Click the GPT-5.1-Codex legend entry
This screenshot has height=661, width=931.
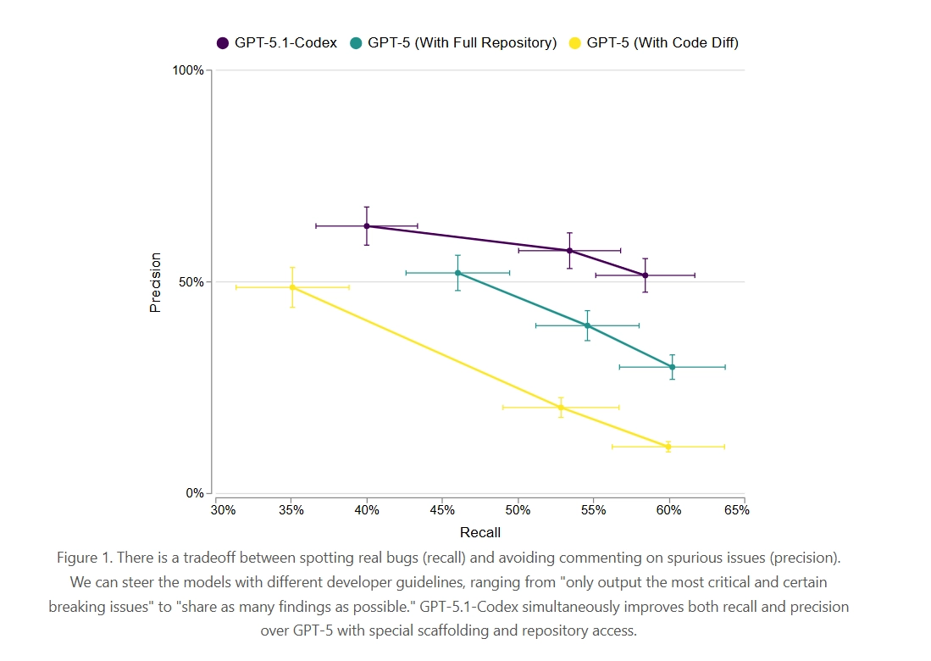pyautogui.click(x=278, y=42)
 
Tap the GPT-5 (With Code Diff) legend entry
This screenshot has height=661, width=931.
pyautogui.click(x=653, y=42)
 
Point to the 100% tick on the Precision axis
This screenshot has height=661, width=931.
pyautogui.click(x=188, y=70)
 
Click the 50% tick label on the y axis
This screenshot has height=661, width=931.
pyautogui.click(x=191, y=282)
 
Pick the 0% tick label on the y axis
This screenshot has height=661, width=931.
pyautogui.click(x=195, y=493)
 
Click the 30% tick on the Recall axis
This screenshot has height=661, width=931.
pyautogui.click(x=223, y=510)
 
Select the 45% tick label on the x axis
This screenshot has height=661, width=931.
pyautogui.click(x=443, y=510)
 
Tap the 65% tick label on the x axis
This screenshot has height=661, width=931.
pyautogui.click(x=736, y=510)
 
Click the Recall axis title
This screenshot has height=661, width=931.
pyautogui.click(x=480, y=533)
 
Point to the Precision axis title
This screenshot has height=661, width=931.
pyautogui.click(x=155, y=282)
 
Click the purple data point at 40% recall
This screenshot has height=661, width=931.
pyautogui.click(x=367, y=226)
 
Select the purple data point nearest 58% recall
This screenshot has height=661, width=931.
pyautogui.click(x=646, y=275)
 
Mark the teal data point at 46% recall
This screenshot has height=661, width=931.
pyautogui.click(x=457, y=273)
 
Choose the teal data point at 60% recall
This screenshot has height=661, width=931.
pyautogui.click(x=672, y=367)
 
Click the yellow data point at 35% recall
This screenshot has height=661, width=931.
pyautogui.click(x=292, y=287)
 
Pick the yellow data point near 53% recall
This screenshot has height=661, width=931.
pyautogui.click(x=561, y=408)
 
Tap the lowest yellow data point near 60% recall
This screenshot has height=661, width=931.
pyautogui.click(x=668, y=447)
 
